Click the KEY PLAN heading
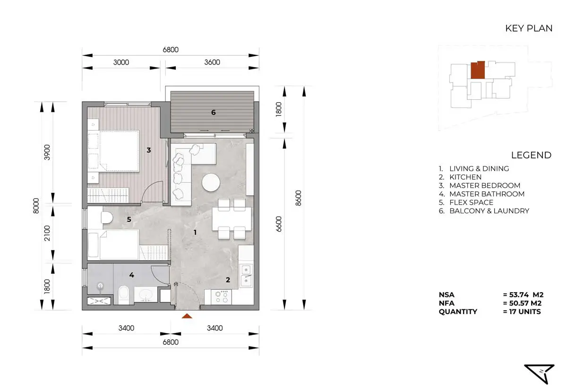tap(529, 28)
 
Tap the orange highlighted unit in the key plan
tap(478, 70)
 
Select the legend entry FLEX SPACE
tap(472, 202)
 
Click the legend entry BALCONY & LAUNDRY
tap(490, 211)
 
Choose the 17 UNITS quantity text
tap(525, 312)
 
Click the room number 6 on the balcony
tap(214, 112)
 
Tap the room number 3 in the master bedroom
tap(149, 150)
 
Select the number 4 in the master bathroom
tap(132, 275)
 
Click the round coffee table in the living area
tap(211, 182)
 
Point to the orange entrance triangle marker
tap(187, 316)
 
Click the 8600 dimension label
tap(299, 198)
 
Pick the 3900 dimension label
tap(47, 152)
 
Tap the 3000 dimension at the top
tap(121, 62)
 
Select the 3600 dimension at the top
tap(212, 62)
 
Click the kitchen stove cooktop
tap(222, 297)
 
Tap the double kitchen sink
tap(246, 276)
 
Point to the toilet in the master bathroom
tap(123, 294)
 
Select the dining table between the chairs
tap(232, 219)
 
